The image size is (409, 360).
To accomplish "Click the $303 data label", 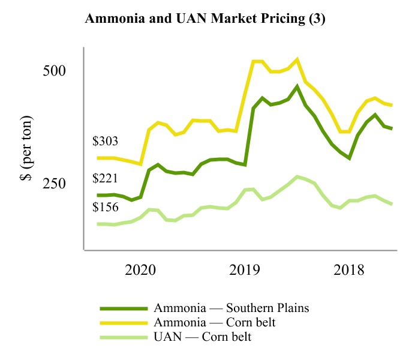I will point(105,142).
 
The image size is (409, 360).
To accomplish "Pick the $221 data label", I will point(105,178).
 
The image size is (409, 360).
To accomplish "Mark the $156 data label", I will point(105,207).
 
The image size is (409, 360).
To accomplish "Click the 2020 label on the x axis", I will point(140,269).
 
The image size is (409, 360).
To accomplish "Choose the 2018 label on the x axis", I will point(349,269).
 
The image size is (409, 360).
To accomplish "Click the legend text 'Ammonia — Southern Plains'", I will point(231,308).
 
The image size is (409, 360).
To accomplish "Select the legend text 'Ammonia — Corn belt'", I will point(215,323).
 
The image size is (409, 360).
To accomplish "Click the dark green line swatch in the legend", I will point(124,308).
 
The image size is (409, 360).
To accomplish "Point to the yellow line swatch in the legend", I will point(124,323).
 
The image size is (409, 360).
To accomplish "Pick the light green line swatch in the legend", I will point(124,337).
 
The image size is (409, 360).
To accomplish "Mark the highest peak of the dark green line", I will point(297,86).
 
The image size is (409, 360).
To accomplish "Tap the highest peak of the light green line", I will point(297,176).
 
